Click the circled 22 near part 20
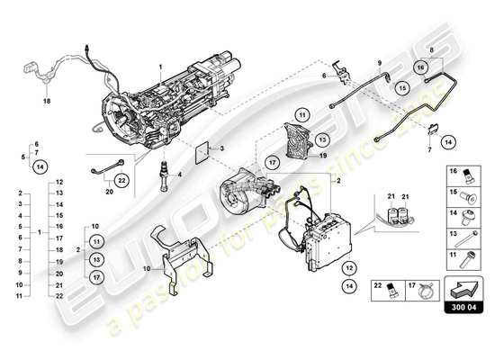click(121, 180)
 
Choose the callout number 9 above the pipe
click(379, 62)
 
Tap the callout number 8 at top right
click(432, 52)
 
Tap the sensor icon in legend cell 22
click(391, 291)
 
